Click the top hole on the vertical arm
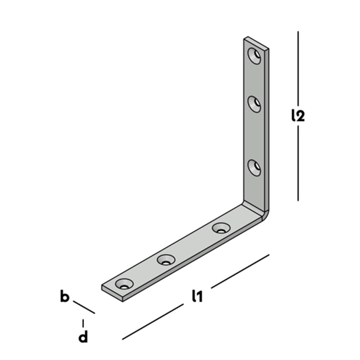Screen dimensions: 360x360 coord(255,55)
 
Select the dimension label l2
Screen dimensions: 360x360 coord(298,116)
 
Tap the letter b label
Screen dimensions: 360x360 coord(64,297)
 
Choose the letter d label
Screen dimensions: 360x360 coord(83,338)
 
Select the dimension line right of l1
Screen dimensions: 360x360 coord(240,270)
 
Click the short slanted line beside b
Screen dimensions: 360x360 coord(84,307)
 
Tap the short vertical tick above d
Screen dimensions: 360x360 coord(83,323)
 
